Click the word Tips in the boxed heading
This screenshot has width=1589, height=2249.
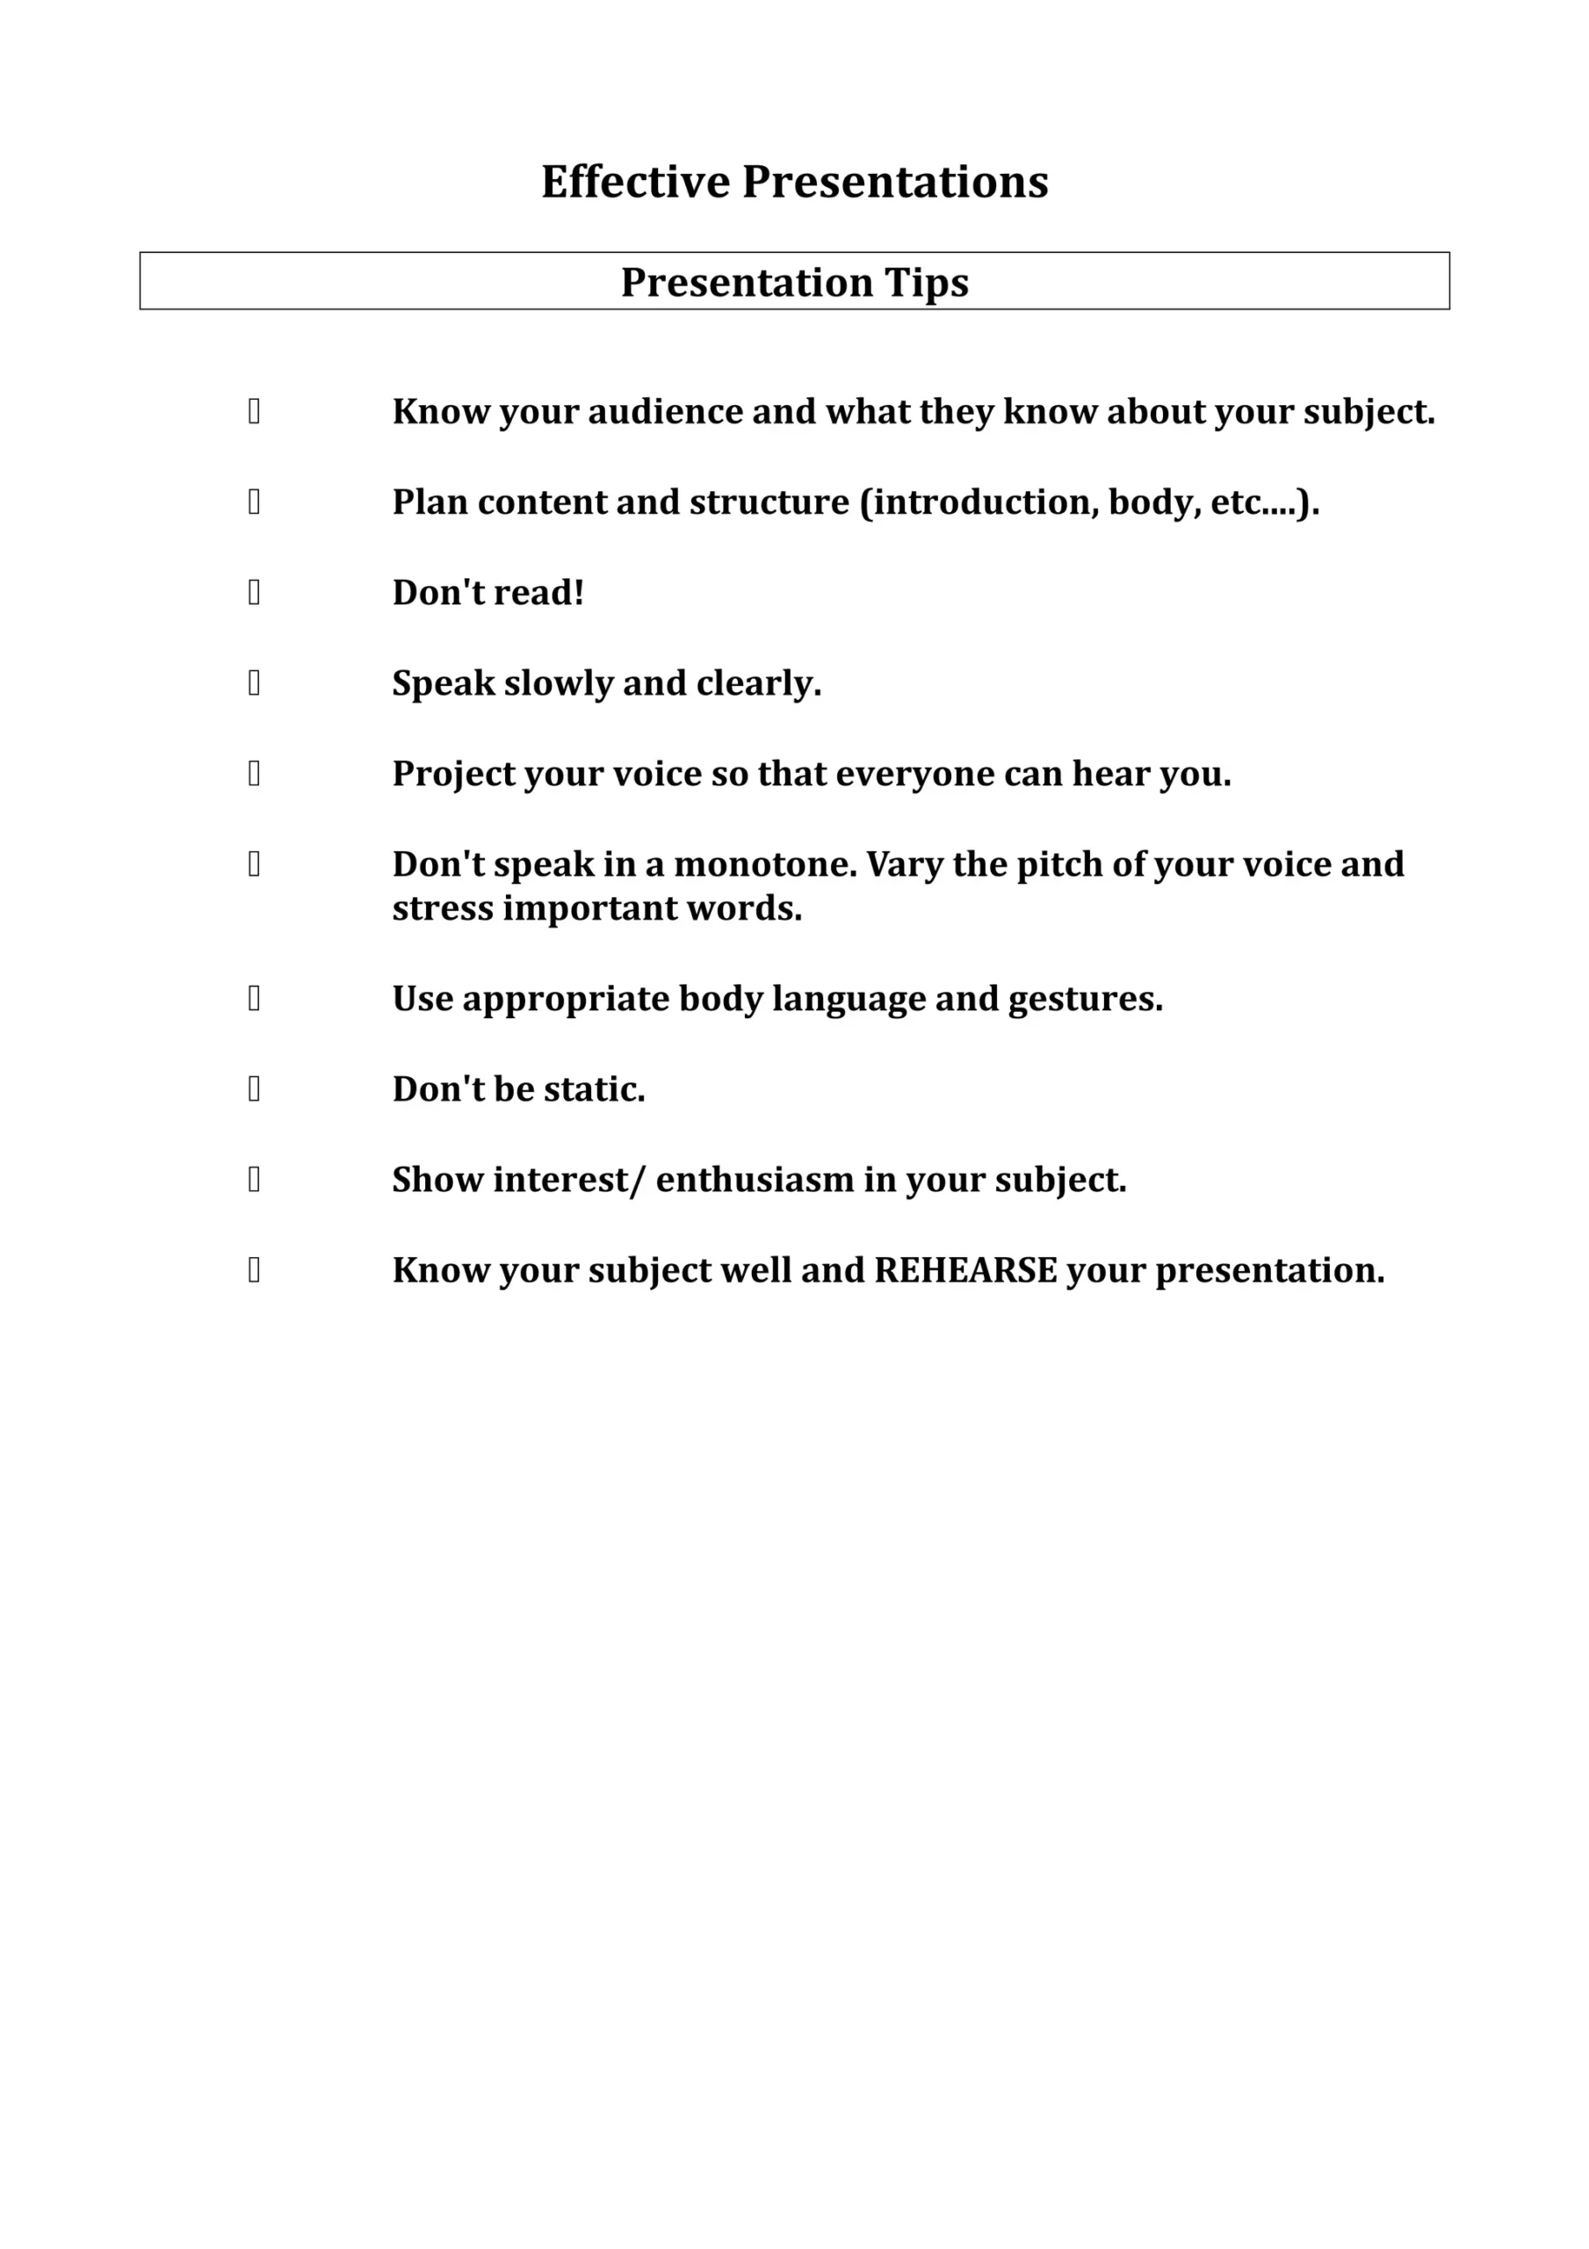click(x=926, y=283)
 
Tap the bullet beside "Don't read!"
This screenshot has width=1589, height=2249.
click(x=254, y=593)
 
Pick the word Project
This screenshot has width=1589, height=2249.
click(x=452, y=775)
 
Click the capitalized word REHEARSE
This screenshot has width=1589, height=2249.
click(x=965, y=1270)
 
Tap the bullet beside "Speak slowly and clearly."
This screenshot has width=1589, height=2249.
click(x=254, y=683)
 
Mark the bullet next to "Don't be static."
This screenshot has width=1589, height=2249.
click(x=254, y=1089)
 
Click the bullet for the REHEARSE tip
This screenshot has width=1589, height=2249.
click(x=254, y=1270)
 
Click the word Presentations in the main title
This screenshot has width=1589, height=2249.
click(x=894, y=182)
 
